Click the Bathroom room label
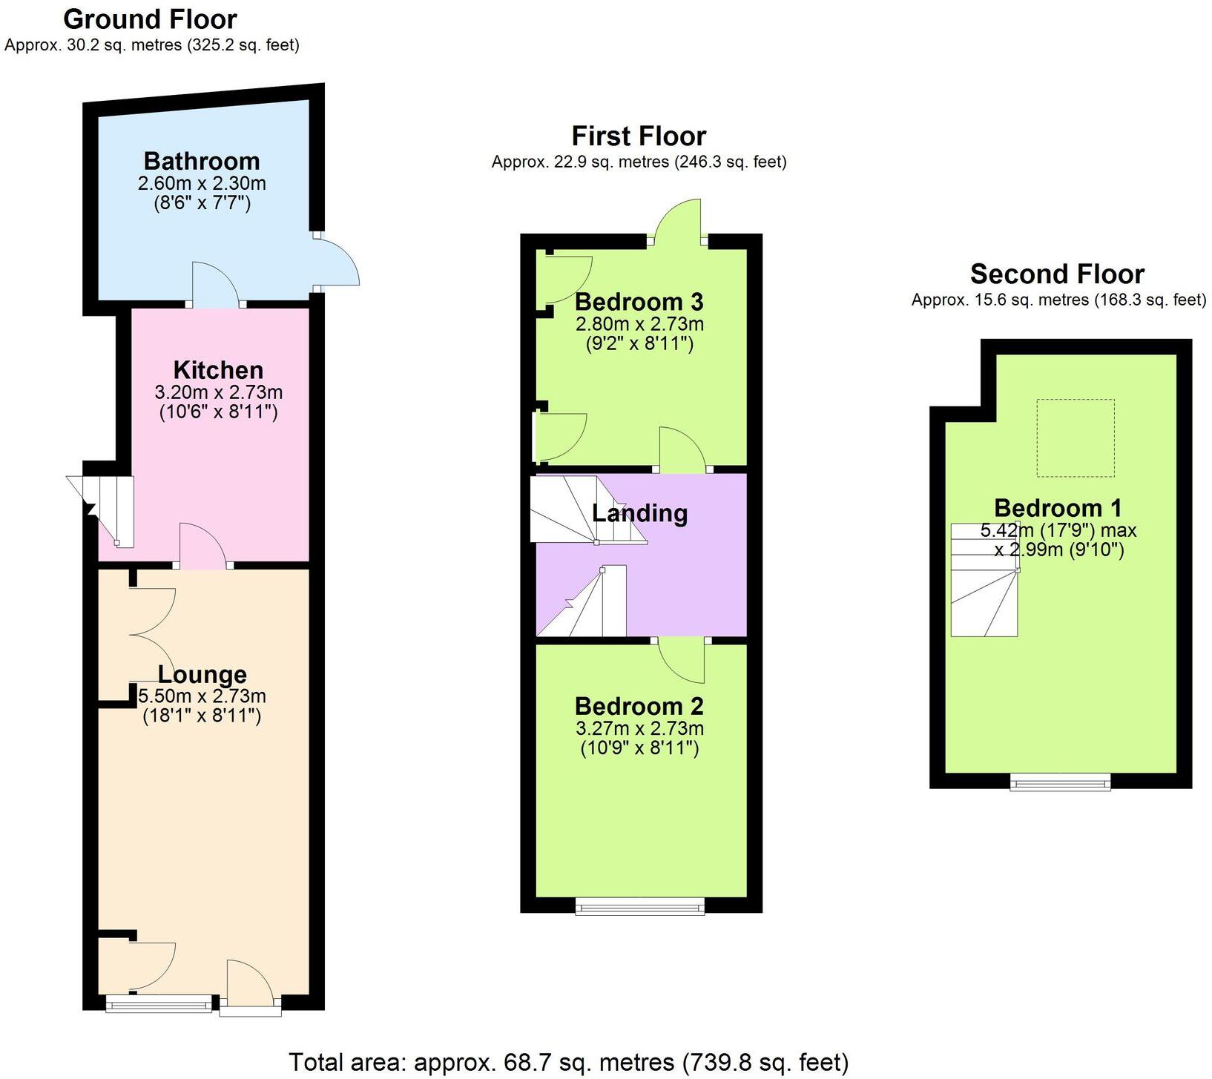(202, 161)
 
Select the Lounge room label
(202, 675)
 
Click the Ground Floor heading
(150, 19)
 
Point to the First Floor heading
(639, 136)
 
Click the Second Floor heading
(1057, 274)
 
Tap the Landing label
(639, 513)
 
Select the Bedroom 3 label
(639, 302)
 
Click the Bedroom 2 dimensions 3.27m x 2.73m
(639, 729)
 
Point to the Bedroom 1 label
(1057, 508)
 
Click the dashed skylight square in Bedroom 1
(1075, 438)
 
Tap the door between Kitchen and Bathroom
(215, 286)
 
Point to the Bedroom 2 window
(639, 906)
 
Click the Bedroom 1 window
(1060, 782)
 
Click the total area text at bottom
(567, 1062)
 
